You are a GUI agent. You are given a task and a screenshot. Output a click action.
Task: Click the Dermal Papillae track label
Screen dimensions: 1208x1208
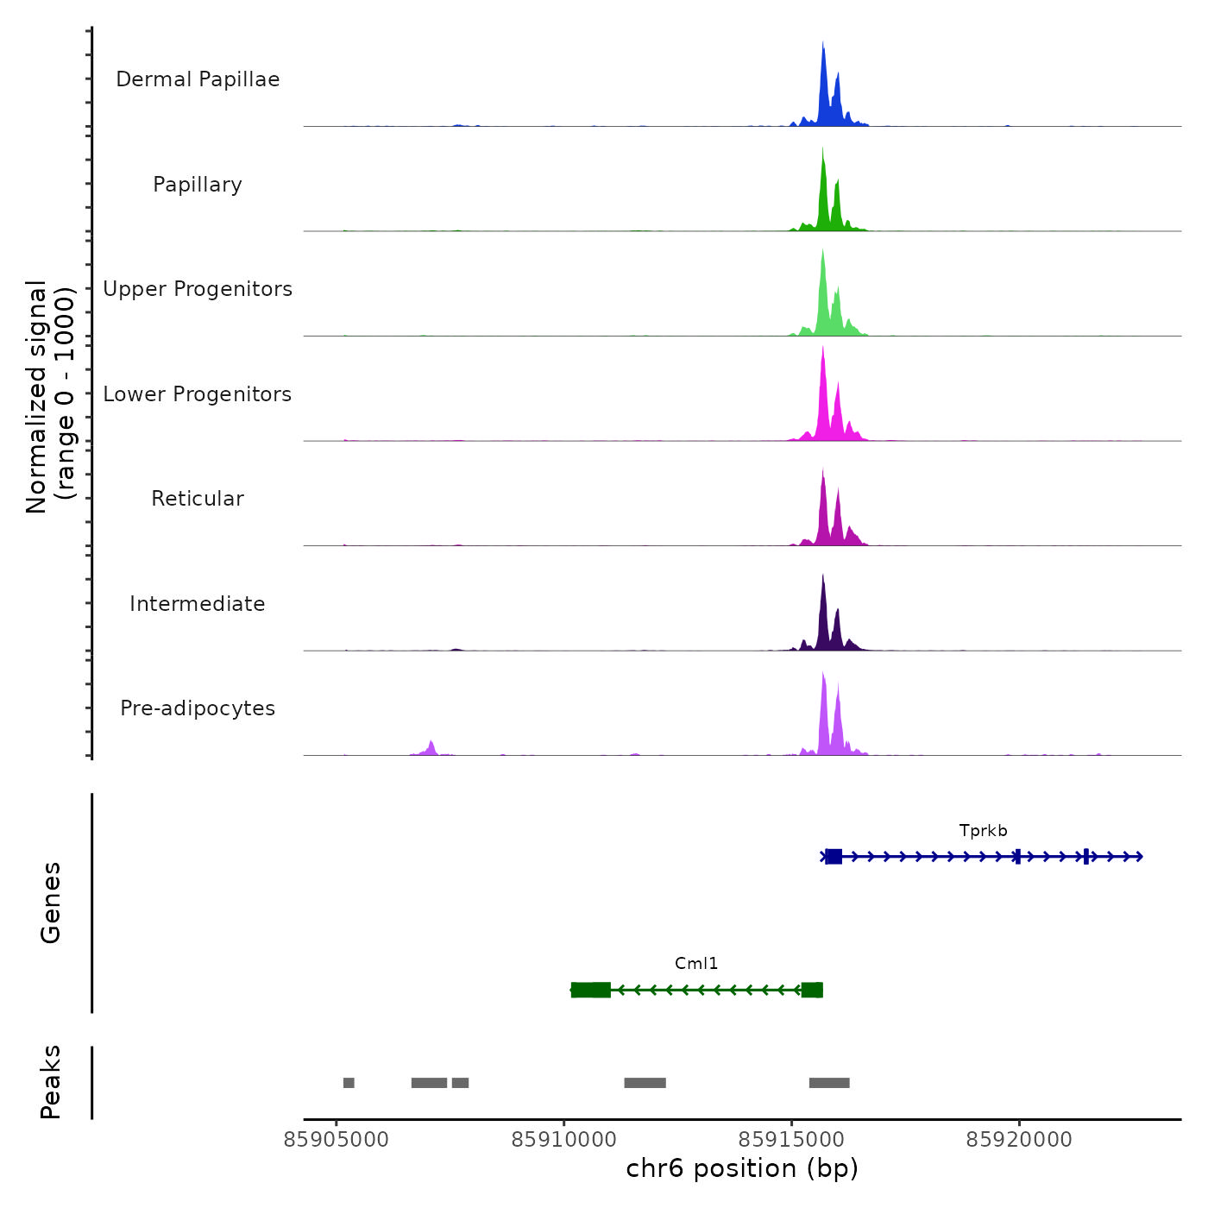(x=198, y=79)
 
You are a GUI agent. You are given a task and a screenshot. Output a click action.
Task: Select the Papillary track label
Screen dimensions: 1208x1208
(x=198, y=185)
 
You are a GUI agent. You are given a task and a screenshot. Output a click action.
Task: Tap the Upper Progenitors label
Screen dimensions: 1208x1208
(x=198, y=289)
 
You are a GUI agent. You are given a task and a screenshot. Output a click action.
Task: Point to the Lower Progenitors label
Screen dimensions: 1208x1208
(x=198, y=394)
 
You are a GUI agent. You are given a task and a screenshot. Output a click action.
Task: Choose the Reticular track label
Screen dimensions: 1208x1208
(x=198, y=499)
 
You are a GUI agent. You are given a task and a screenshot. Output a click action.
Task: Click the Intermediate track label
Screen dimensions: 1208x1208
(x=198, y=604)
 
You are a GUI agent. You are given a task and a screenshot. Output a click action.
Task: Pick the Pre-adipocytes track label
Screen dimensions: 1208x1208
(x=198, y=708)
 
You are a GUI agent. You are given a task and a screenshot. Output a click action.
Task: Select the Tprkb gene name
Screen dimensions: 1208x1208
(x=983, y=831)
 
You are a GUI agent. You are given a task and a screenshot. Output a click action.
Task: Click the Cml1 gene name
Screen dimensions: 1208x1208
(x=696, y=964)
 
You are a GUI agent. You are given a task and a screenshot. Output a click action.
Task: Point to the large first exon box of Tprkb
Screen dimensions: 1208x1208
(x=834, y=857)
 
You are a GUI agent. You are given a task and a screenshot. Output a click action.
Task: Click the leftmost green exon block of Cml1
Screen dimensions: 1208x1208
(x=591, y=990)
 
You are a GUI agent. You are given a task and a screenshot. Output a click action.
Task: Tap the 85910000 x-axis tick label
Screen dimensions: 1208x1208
(x=564, y=1140)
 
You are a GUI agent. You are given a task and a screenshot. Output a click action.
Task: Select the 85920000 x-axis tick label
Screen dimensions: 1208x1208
(x=1019, y=1140)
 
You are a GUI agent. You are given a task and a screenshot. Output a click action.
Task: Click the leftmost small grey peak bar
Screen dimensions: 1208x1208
(x=349, y=1083)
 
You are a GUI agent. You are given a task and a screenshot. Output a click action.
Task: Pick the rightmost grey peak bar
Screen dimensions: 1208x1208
(x=829, y=1083)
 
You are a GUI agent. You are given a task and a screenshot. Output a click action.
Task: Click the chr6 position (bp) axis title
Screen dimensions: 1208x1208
(x=742, y=1168)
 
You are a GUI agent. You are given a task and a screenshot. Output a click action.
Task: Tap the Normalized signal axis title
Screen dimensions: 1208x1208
(x=50, y=397)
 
